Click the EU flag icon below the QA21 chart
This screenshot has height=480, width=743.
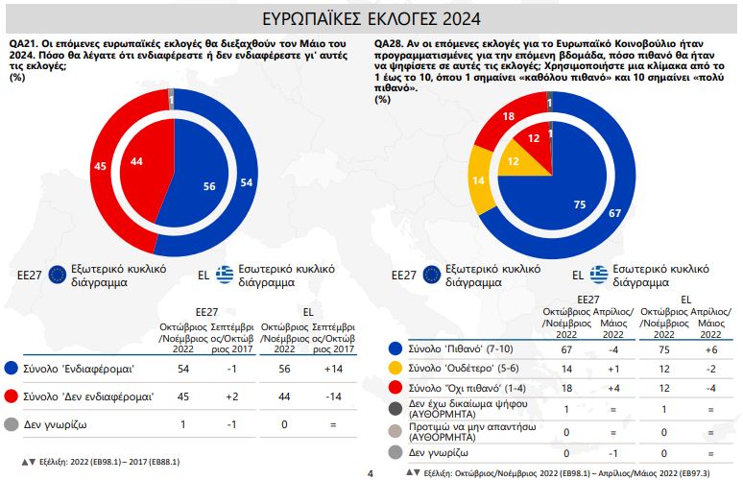coord(58,274)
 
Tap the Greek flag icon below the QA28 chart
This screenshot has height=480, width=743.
coord(601,274)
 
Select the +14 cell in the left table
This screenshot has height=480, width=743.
coord(333,369)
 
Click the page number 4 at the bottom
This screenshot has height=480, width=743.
coord(371,472)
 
